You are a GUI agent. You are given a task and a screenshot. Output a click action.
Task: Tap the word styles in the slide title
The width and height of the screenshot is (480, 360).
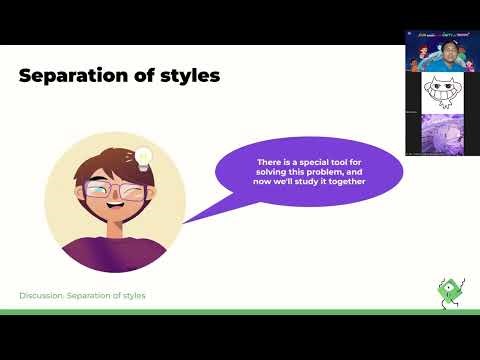point(186,75)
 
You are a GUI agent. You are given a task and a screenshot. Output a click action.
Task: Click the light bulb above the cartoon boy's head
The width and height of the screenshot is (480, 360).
point(143,157)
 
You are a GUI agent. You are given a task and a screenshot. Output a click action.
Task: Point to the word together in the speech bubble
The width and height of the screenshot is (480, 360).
point(343,181)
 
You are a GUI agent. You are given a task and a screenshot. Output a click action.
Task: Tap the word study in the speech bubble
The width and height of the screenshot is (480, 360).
point(302,181)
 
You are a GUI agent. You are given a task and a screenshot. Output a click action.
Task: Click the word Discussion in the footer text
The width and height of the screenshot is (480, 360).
point(42,296)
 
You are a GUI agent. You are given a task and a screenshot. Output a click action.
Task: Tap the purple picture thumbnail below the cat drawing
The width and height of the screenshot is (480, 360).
point(441,134)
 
